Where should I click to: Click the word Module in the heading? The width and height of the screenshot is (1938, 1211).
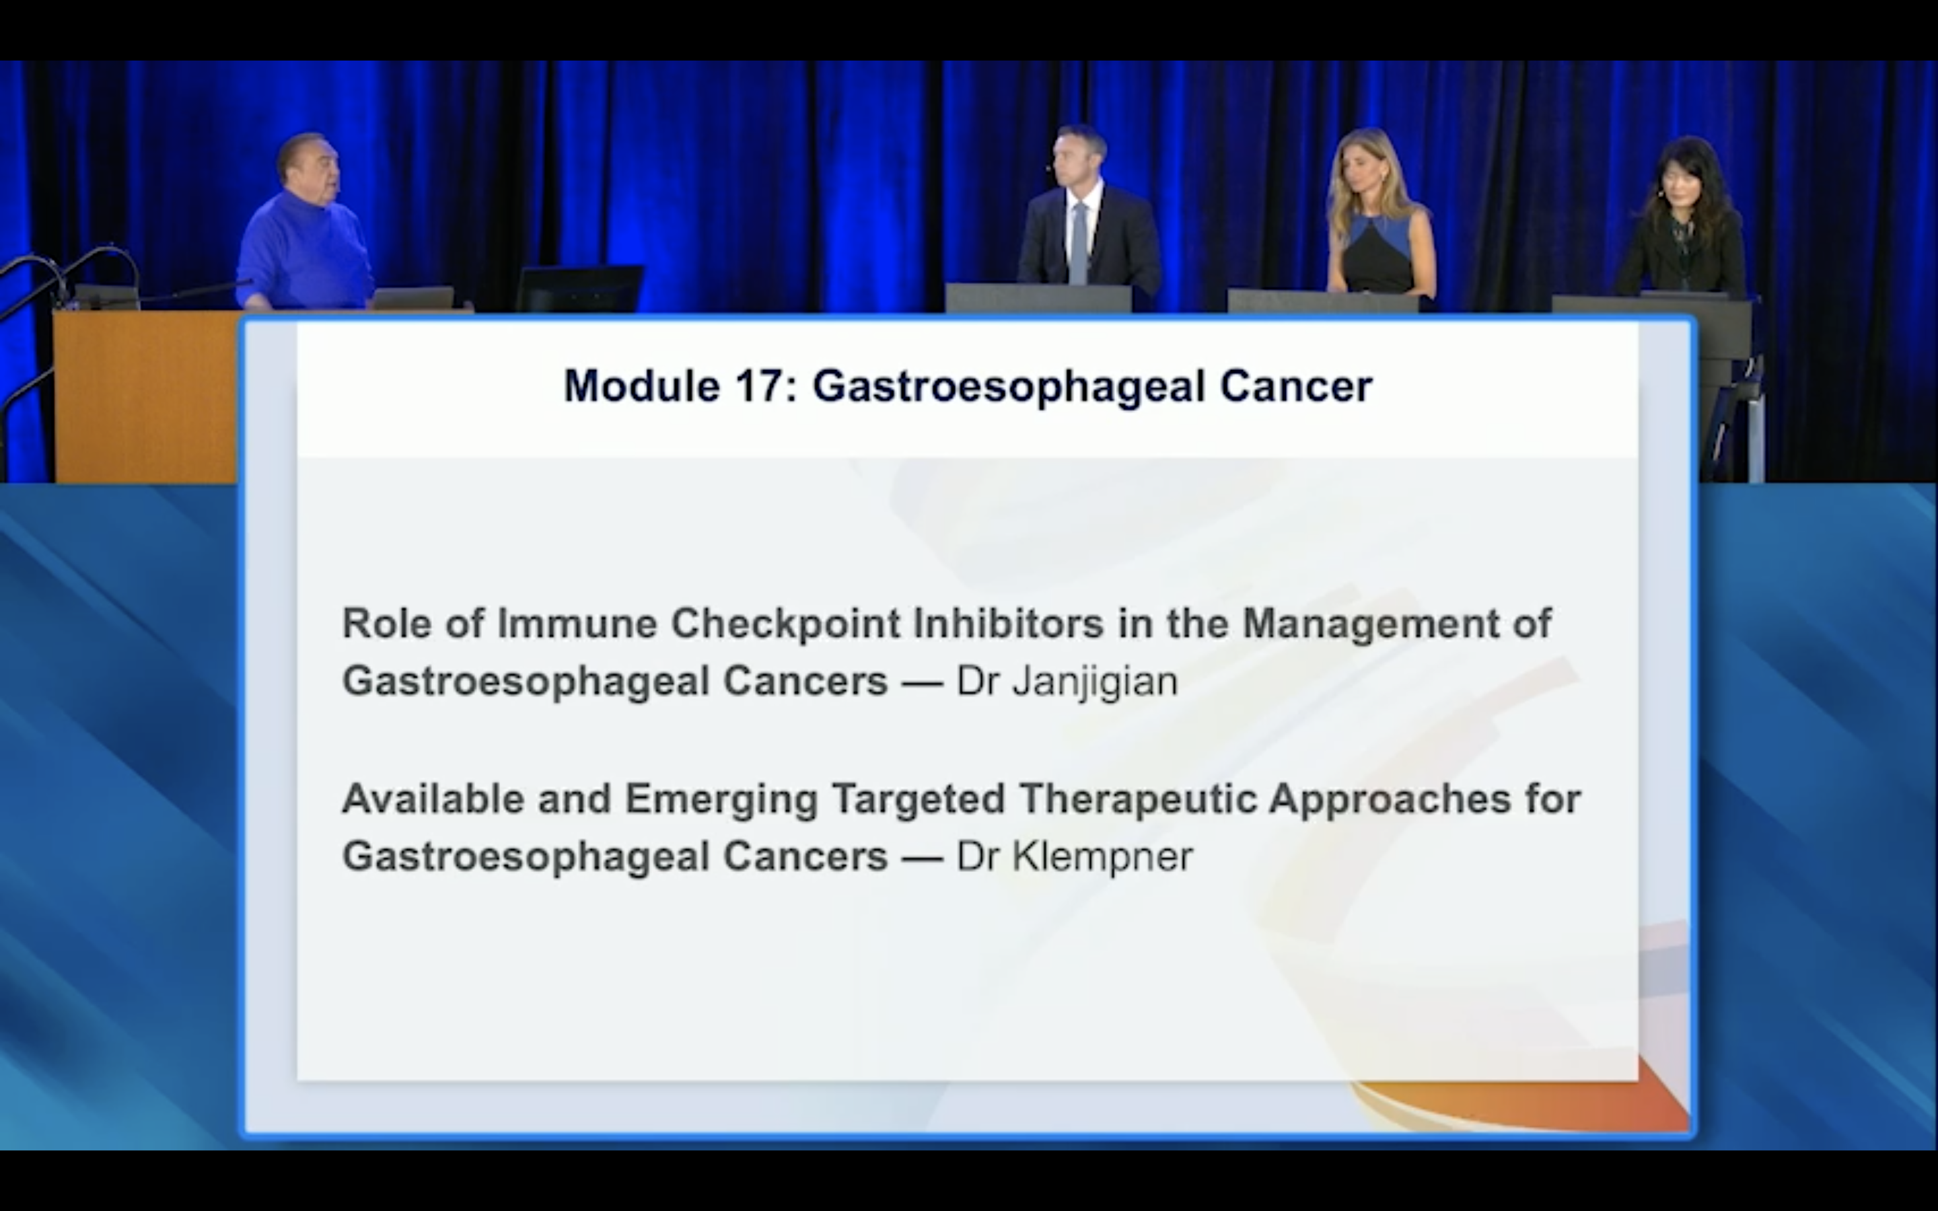pyautogui.click(x=641, y=386)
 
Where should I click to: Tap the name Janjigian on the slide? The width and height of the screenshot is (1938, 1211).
pyautogui.click(x=1095, y=682)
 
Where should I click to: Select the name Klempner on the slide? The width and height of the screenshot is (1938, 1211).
pyautogui.click(x=1103, y=856)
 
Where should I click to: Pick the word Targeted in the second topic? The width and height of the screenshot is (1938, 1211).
pyautogui.click(x=919, y=799)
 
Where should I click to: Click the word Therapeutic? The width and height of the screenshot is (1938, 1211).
pyautogui.click(x=1137, y=799)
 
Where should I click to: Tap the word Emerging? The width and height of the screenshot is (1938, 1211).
pyautogui.click(x=721, y=799)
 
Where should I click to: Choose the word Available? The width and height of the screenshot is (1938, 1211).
pyautogui.click(x=433, y=799)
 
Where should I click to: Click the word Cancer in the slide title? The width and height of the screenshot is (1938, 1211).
pyautogui.click(x=1296, y=386)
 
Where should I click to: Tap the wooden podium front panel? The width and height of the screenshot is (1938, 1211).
pyautogui.click(x=146, y=396)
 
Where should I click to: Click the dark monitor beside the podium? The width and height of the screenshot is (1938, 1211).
pyautogui.click(x=579, y=289)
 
